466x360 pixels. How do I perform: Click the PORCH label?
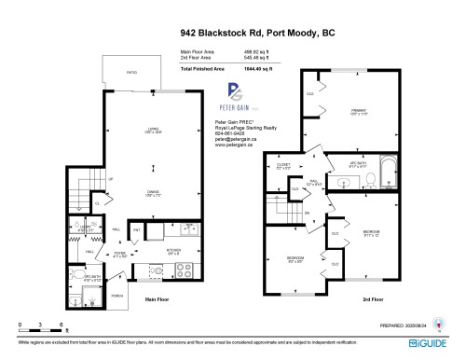click(x=116, y=296)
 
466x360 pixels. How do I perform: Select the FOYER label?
click(x=120, y=252)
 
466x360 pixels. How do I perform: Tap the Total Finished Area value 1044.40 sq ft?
click(x=270, y=69)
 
